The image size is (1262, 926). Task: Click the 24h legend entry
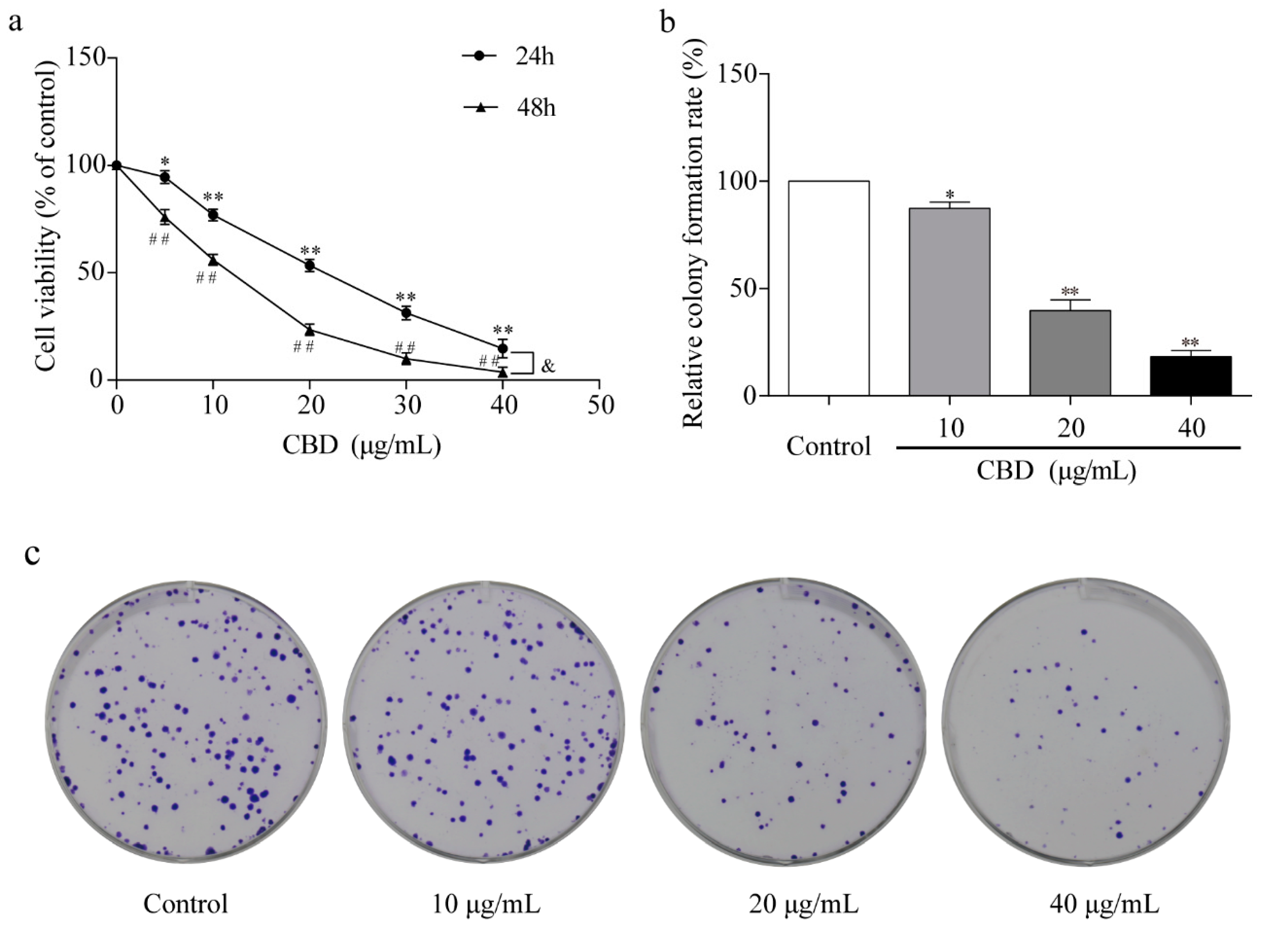(507, 57)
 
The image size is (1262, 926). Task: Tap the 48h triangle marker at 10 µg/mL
(213, 260)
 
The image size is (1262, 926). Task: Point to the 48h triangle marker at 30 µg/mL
(406, 359)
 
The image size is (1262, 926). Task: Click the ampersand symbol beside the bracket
(548, 366)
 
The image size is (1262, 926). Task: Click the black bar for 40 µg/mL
(1190, 376)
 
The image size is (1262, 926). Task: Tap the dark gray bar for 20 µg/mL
(1070, 353)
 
